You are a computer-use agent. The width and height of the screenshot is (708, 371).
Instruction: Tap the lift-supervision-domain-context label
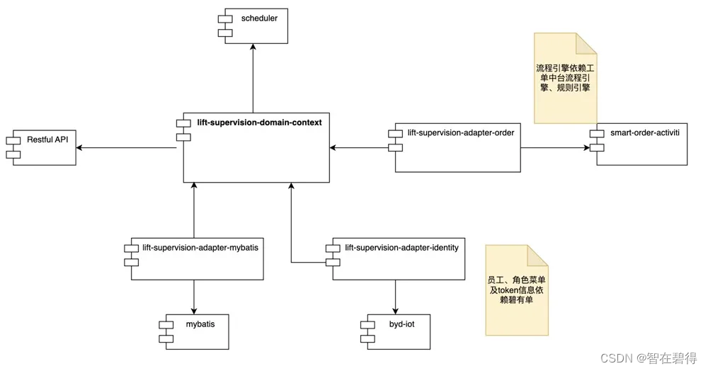(259, 122)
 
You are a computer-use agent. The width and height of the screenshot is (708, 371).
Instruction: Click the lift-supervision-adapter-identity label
(401, 247)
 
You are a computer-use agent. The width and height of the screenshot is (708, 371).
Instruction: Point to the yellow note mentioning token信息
(516, 290)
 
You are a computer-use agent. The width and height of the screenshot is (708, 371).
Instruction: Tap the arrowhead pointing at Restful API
(81, 147)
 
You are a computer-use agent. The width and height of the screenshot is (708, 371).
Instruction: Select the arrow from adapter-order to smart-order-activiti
(556, 147)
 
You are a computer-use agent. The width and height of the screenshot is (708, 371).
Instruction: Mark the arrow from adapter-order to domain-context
(361, 147)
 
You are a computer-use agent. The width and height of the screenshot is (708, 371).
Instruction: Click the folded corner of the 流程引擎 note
(586, 44)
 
